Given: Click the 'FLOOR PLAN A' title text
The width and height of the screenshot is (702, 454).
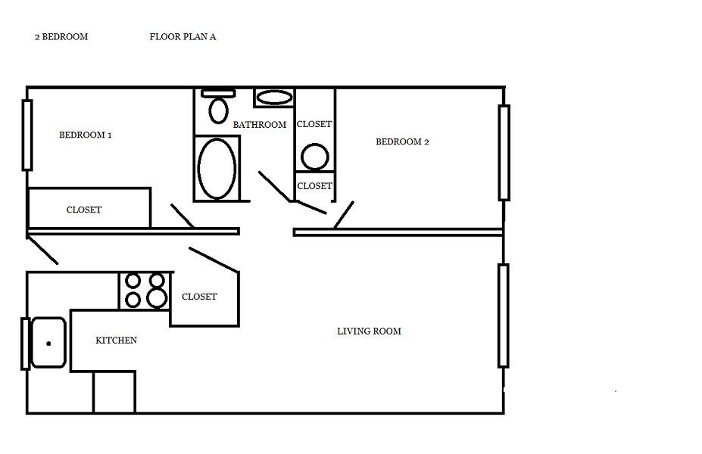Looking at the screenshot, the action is click(x=183, y=36).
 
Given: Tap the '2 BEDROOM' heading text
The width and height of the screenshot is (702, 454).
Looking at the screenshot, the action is click(x=61, y=36).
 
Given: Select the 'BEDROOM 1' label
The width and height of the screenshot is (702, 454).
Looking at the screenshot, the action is click(x=86, y=135).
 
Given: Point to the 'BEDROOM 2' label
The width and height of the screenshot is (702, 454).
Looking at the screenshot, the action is click(x=402, y=141).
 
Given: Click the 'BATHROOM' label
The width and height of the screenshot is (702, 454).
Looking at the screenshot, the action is click(x=260, y=125).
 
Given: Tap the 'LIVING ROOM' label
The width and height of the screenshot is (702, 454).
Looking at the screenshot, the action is click(x=369, y=331).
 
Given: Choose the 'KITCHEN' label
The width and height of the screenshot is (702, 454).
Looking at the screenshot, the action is click(x=117, y=340).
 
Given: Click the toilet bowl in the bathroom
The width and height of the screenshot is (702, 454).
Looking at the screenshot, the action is click(x=219, y=110).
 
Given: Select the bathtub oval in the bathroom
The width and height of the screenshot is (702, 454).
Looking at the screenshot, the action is click(x=217, y=168).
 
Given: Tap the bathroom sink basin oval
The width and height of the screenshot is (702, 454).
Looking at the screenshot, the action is click(x=274, y=98).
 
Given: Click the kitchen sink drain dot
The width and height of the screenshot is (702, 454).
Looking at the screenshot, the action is click(x=48, y=344).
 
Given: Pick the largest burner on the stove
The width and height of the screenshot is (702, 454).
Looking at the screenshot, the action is click(x=157, y=297).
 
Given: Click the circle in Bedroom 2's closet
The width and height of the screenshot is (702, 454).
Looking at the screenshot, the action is click(x=315, y=157).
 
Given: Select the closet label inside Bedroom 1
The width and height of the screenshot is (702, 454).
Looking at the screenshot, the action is click(x=84, y=210).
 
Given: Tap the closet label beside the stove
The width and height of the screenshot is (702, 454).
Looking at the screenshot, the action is click(x=199, y=297).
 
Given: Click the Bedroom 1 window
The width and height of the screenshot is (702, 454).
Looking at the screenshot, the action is click(x=27, y=135).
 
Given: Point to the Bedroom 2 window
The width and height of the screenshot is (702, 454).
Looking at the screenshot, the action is click(x=504, y=153).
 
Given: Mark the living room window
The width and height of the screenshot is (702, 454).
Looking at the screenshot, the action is click(x=504, y=316).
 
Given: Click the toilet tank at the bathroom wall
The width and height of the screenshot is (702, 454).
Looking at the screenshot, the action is click(x=218, y=94).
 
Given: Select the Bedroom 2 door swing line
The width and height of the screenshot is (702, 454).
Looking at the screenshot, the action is click(x=344, y=215).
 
